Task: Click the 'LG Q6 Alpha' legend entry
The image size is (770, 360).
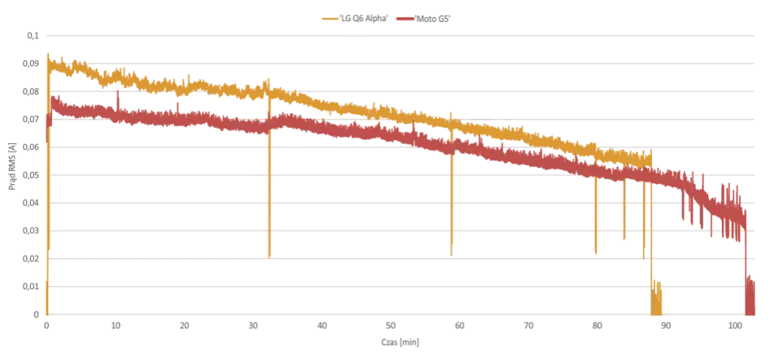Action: [x=352, y=19]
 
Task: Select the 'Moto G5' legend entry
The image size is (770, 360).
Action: [x=423, y=19]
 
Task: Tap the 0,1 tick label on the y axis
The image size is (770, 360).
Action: [x=33, y=36]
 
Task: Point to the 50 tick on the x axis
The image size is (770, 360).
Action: [x=391, y=325]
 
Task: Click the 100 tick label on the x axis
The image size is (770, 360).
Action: [x=735, y=325]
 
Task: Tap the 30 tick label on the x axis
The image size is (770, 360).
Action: [x=253, y=325]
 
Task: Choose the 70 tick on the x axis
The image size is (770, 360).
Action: [x=528, y=325]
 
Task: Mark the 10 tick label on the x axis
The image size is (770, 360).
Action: [x=115, y=325]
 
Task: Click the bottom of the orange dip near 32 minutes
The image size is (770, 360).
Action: [x=269, y=257]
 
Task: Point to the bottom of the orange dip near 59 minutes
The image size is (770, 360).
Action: [x=452, y=255]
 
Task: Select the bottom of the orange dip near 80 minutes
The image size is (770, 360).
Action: [x=595, y=253]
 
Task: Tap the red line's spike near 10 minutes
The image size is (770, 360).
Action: [x=118, y=91]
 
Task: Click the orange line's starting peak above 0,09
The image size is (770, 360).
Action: [x=47, y=53]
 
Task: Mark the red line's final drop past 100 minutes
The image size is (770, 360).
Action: [x=746, y=265]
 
